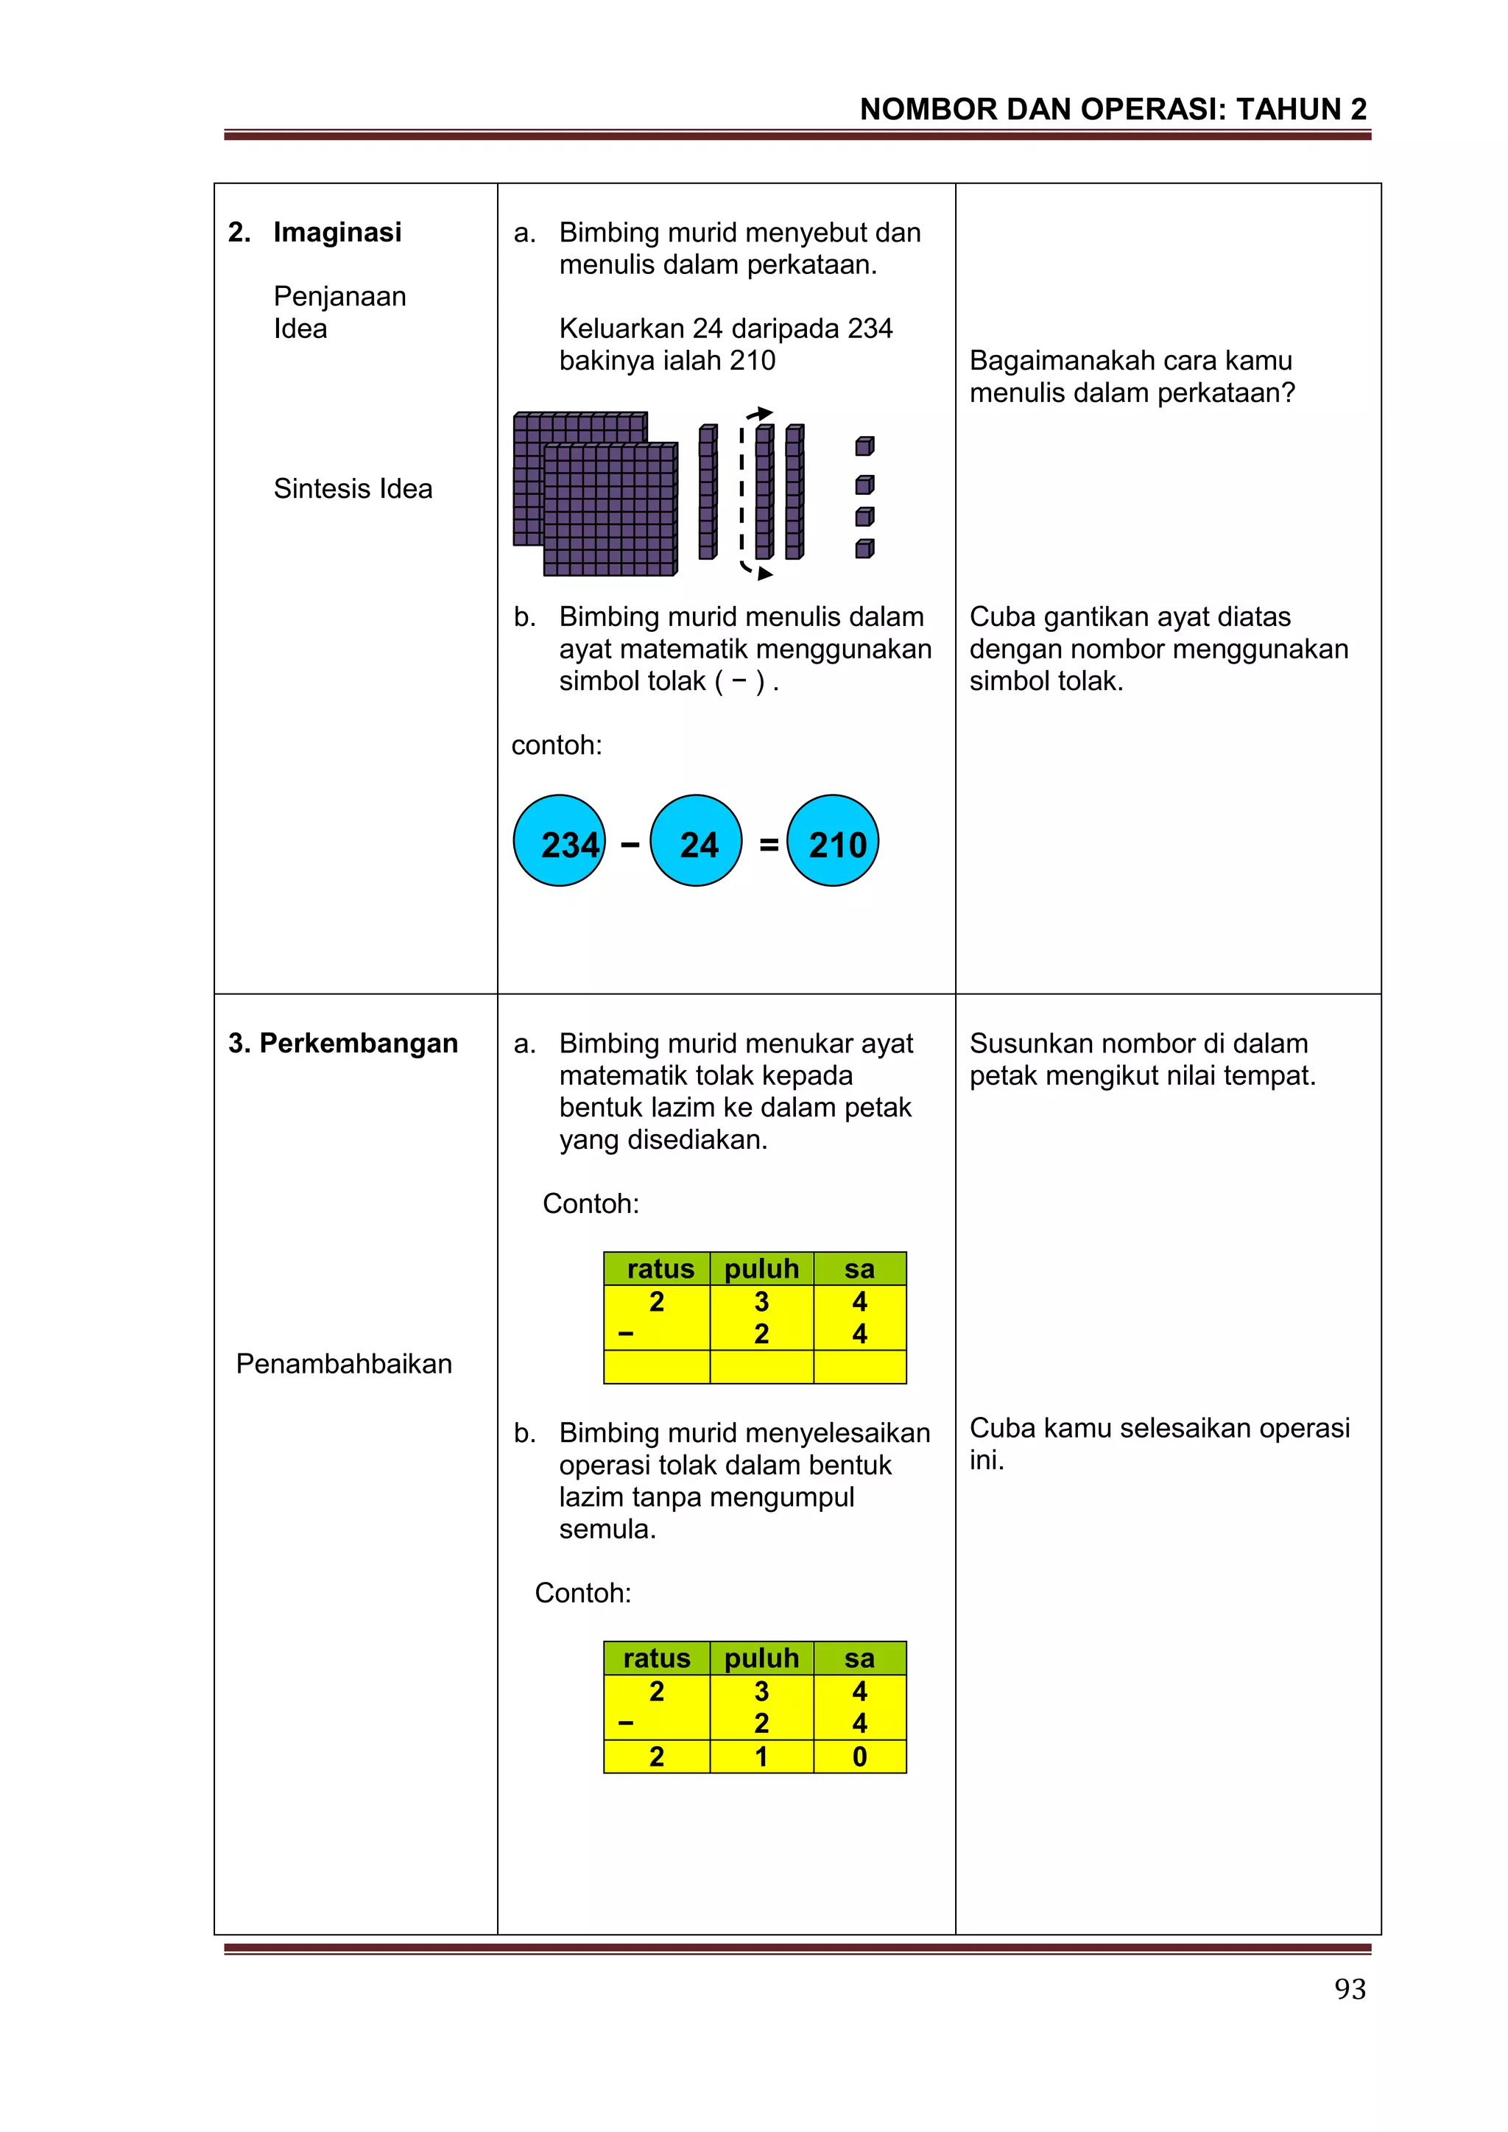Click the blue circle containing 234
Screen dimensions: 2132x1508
(x=559, y=840)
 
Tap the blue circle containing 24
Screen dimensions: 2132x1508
(x=696, y=840)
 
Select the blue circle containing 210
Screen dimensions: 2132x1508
(x=832, y=840)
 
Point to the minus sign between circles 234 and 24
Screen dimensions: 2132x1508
(x=630, y=844)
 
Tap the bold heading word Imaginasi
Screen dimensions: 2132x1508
(x=337, y=232)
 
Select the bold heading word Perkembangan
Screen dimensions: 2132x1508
(x=359, y=1043)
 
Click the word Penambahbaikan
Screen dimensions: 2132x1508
(x=344, y=1363)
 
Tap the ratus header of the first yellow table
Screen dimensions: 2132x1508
(x=659, y=1268)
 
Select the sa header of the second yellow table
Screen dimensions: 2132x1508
(x=860, y=1658)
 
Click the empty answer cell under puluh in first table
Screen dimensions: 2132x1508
(x=761, y=1367)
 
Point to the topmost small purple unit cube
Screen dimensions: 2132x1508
(x=864, y=446)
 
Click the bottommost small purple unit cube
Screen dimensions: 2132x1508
(x=864, y=549)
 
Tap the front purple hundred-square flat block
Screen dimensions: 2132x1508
(x=610, y=510)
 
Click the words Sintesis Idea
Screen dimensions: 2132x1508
(x=353, y=488)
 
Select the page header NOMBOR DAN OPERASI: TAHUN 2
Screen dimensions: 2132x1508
(x=1113, y=110)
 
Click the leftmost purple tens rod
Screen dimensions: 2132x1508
(x=708, y=492)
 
